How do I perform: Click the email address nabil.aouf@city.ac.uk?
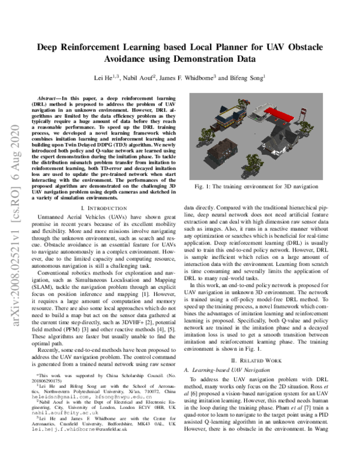[61, 429]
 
